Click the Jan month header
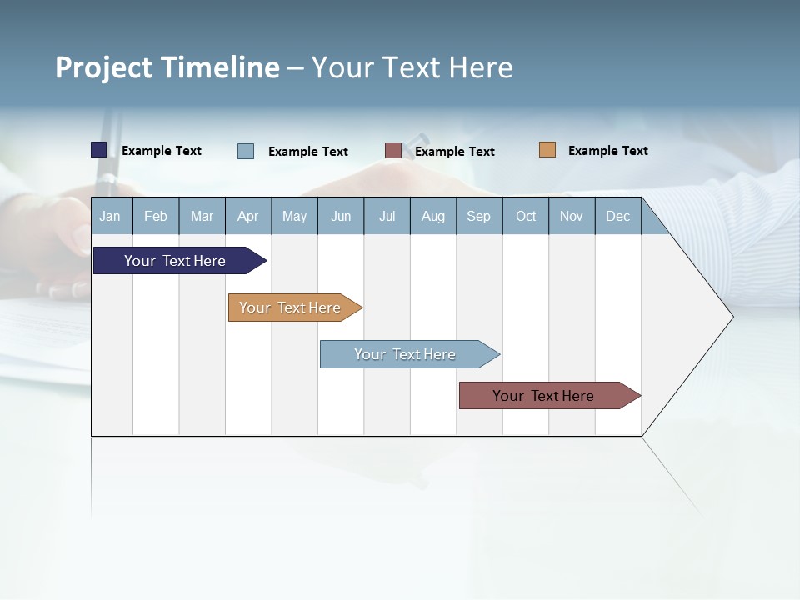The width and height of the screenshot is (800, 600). (110, 216)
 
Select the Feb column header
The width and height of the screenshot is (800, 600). (156, 216)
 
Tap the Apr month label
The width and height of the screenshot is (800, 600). (247, 216)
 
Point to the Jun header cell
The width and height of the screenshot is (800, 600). (341, 216)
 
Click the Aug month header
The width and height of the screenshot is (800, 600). (432, 216)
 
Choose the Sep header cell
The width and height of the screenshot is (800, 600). (478, 216)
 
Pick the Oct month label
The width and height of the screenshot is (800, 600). (526, 216)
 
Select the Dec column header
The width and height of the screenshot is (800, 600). (617, 216)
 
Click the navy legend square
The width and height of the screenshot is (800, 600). (99, 150)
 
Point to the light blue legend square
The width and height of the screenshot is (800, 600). (246, 151)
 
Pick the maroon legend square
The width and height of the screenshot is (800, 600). (393, 151)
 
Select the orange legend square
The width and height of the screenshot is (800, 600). (547, 150)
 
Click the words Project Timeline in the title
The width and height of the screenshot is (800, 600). (167, 67)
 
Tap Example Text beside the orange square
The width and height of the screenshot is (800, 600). (607, 151)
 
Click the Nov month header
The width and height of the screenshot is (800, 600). (572, 216)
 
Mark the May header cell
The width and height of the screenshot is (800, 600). (294, 216)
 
